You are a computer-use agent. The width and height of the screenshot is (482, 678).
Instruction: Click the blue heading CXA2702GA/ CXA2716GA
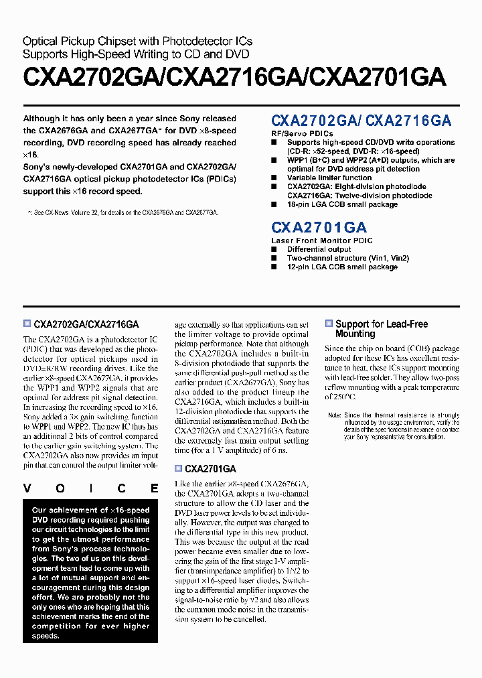pos(361,121)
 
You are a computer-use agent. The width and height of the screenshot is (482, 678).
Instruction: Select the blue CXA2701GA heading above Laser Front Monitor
pos(319,227)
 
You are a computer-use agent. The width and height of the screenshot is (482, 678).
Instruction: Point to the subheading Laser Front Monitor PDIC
pos(322,241)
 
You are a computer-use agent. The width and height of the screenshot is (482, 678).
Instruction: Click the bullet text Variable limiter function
pos(329,178)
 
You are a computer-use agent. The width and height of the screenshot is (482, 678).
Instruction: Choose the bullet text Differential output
pos(319,249)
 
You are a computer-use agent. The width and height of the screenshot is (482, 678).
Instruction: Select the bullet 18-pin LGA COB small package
pos(342,204)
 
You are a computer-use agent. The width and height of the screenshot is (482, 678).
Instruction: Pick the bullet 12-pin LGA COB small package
pos(342,267)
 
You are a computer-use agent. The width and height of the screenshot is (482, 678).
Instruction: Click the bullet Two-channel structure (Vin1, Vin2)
pos(347,258)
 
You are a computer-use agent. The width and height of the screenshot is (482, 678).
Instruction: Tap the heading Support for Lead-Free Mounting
pos(381,328)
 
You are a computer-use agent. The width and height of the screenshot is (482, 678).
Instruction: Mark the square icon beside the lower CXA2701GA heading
pos(178,469)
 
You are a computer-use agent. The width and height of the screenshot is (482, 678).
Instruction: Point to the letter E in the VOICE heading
pos(155,488)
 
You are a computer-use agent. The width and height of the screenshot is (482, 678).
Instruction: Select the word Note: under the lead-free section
pos(335,415)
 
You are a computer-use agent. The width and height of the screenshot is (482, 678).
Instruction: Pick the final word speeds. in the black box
pos(46,636)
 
